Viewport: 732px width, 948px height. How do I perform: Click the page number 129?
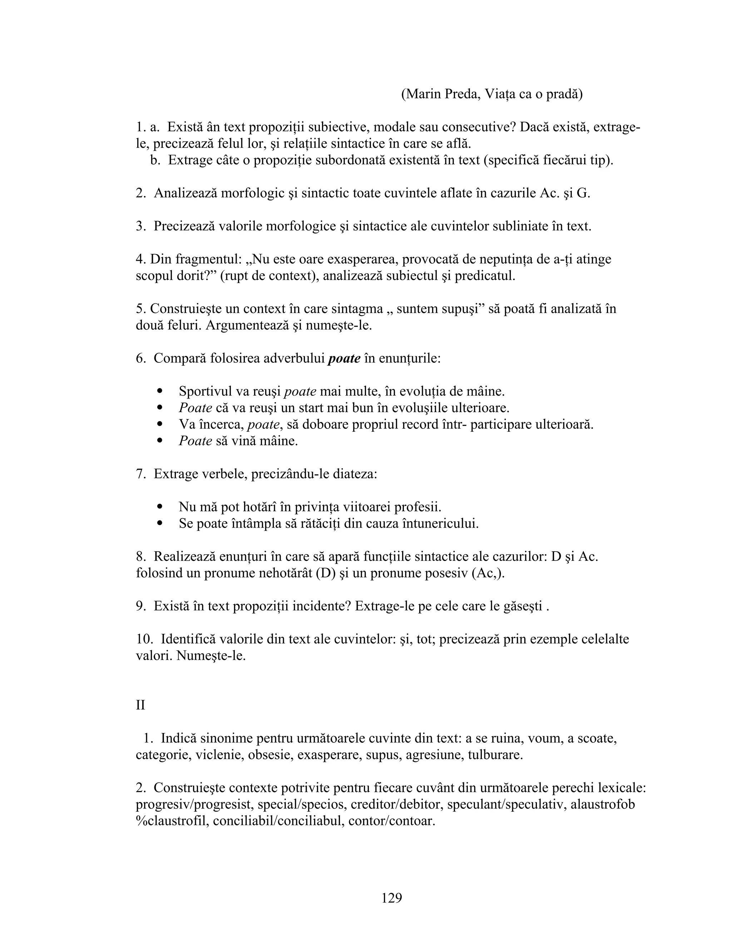392,897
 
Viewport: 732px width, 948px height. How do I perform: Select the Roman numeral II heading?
140,705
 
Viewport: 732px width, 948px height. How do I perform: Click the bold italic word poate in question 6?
344,358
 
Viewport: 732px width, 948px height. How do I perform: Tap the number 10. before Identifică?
145,639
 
